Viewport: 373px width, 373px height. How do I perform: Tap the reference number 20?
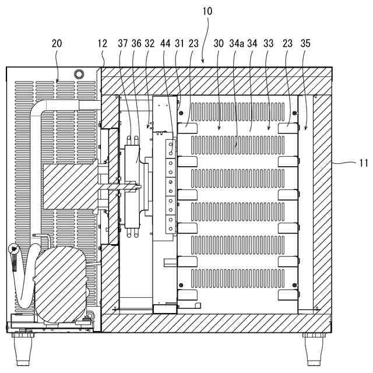pos(57,43)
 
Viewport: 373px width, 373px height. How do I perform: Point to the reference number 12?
pos(103,43)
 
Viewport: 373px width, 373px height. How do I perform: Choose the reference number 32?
pos(149,43)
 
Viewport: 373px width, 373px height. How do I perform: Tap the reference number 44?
pos(165,43)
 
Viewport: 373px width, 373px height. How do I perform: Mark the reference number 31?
pos(179,43)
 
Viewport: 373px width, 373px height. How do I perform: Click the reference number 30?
pos(219,43)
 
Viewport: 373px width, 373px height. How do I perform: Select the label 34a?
pos(237,43)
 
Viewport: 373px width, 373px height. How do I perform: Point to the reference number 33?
pos(269,43)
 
